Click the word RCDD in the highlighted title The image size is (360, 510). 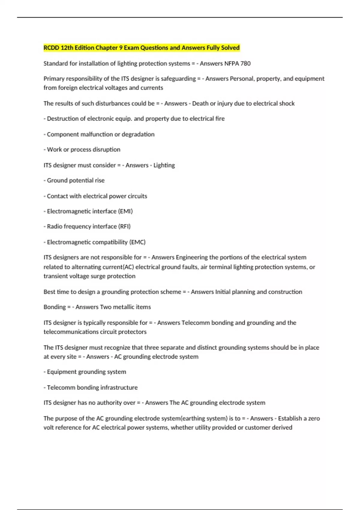pos(51,48)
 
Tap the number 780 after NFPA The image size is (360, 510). pos(245,64)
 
